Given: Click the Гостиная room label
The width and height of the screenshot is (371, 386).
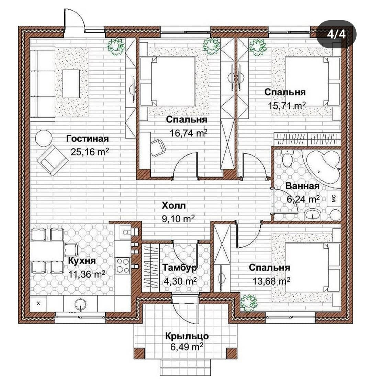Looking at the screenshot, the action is point(87,139).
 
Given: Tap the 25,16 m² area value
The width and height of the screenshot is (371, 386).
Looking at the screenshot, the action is point(89,152).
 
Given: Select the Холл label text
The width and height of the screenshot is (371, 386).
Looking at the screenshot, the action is point(174,205).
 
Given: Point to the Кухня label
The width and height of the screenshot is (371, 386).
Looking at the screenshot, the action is point(82,261).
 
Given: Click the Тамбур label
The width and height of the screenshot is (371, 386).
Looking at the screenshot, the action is point(180,267).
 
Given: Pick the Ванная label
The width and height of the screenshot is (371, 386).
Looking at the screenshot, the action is point(303,186).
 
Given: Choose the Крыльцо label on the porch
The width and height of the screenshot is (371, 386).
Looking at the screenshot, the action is point(187,336).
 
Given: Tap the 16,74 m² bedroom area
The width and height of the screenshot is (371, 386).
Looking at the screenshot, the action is point(188,133).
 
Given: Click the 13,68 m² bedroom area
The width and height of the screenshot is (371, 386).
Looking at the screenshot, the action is point(271,281).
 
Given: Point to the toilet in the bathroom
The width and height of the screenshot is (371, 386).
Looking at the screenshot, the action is point(288,158).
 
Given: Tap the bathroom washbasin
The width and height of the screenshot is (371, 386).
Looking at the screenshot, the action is point(313,215).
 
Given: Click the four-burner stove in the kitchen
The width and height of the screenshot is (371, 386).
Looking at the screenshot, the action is point(123,265).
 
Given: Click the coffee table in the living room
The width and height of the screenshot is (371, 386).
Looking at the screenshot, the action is point(71,84).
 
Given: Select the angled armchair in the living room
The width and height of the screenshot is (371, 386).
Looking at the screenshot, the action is point(53,160).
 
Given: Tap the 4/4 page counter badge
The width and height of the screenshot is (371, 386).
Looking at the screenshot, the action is point(336,34).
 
